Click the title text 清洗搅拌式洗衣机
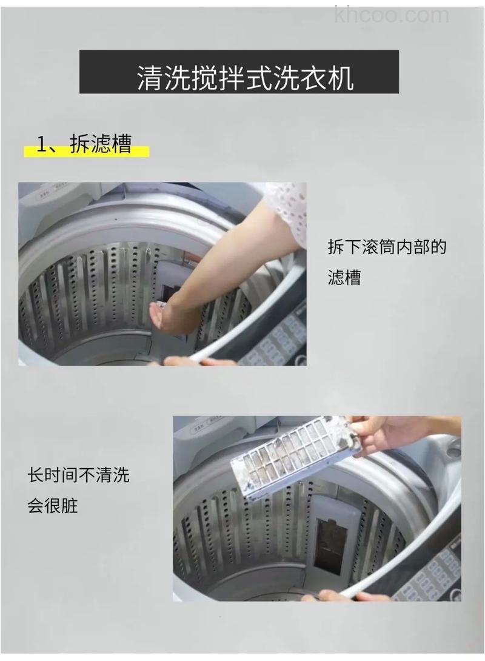245,78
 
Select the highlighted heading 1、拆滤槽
85,145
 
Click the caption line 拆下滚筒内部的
387,247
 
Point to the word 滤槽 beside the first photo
344,278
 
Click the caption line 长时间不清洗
78,475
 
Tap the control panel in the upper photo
279,340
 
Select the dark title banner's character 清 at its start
149,78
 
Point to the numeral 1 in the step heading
42,145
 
